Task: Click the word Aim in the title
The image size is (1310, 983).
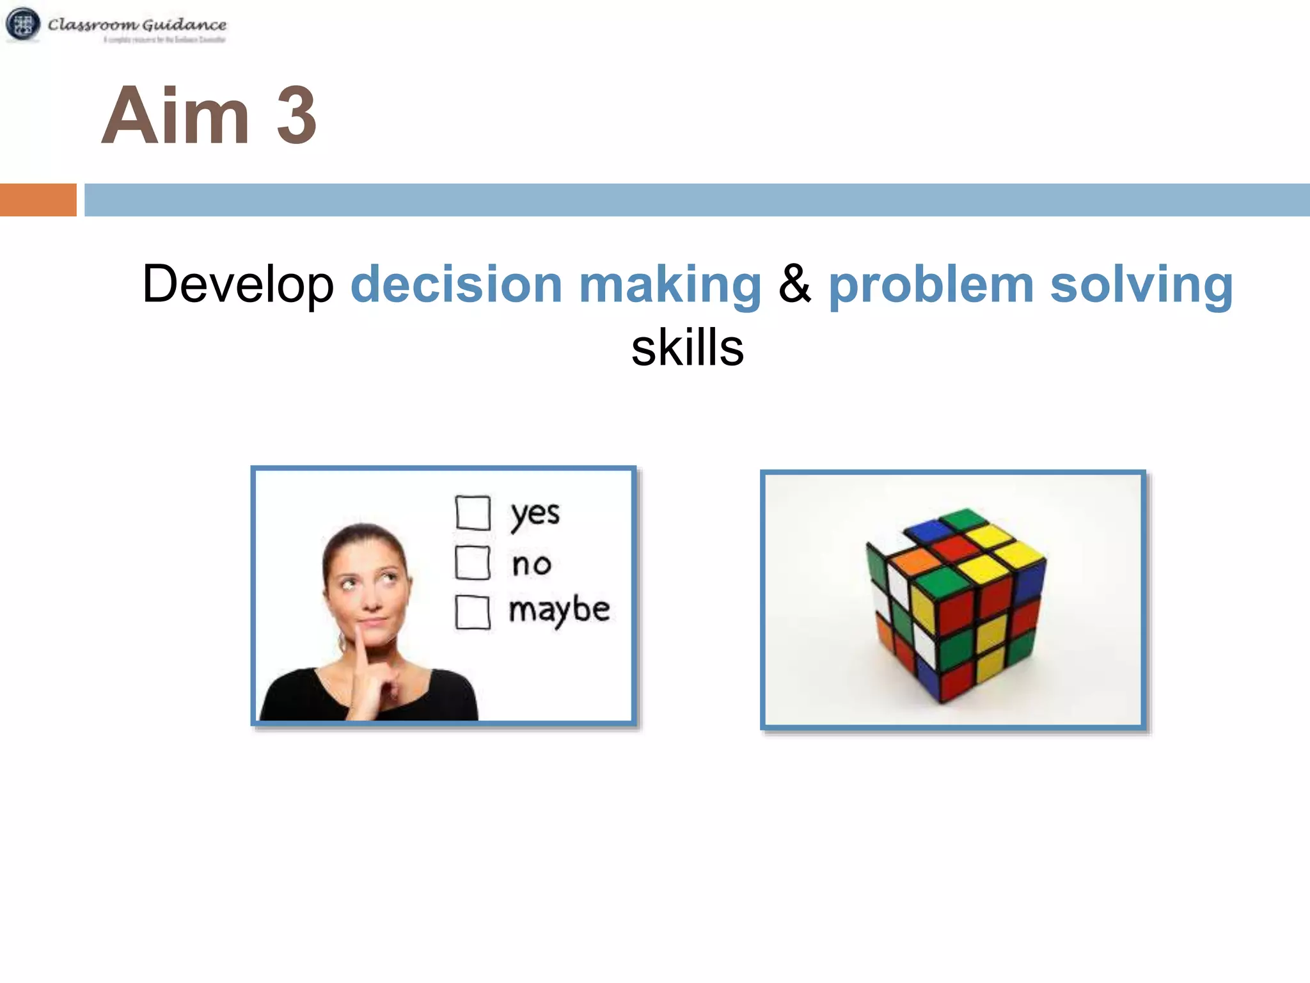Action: click(x=176, y=116)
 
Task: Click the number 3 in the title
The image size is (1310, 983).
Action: click(x=296, y=116)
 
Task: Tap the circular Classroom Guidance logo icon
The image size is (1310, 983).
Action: click(x=23, y=24)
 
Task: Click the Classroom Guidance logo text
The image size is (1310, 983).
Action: click(x=137, y=25)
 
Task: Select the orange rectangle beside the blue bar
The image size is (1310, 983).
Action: click(x=38, y=200)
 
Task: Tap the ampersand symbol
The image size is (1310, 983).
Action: click(x=794, y=284)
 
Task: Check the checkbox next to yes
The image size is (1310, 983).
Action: click(x=473, y=513)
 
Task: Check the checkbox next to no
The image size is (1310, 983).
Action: click(x=473, y=563)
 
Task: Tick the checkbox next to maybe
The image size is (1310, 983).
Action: click(x=473, y=612)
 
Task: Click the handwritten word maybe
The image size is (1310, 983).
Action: click(x=559, y=610)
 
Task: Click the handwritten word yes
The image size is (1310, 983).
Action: click(x=535, y=514)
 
